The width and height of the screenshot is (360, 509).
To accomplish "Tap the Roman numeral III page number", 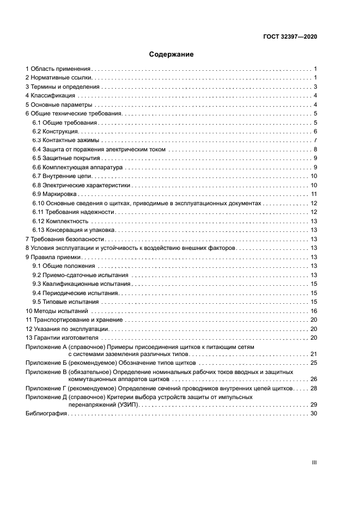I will (314, 462).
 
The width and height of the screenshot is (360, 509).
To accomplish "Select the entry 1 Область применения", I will (58, 69).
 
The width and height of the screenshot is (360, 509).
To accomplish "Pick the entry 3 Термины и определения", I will (63, 87).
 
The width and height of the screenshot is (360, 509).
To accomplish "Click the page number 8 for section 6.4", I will (315, 149).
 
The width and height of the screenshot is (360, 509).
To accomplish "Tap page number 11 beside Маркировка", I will (314, 194).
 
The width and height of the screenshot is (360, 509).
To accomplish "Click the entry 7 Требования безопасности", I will (65, 239).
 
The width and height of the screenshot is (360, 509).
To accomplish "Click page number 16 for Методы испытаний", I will (314, 310).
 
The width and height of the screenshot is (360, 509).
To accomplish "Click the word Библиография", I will (46, 414).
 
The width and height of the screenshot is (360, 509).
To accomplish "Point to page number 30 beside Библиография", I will (314, 414).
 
